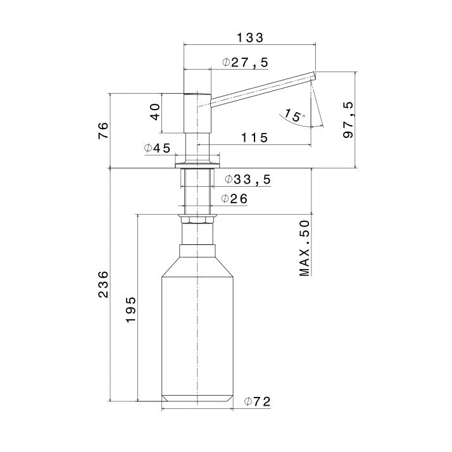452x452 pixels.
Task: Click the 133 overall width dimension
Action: [250, 38]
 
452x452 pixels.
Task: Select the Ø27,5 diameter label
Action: [246, 62]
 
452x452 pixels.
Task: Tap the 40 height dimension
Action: [155, 112]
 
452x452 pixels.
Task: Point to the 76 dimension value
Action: [103, 130]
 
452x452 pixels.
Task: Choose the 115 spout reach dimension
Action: [254, 138]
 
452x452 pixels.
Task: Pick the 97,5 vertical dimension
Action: [348, 120]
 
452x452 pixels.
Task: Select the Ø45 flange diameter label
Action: [158, 148]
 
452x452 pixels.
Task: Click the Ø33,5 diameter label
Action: [248, 179]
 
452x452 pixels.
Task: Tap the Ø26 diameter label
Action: [234, 199]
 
